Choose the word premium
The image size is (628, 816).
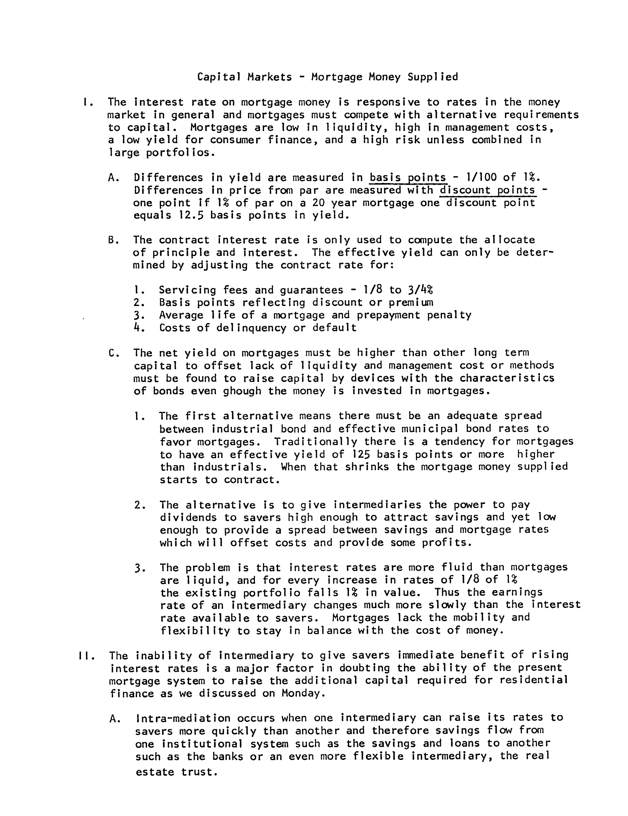coord(411,303)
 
